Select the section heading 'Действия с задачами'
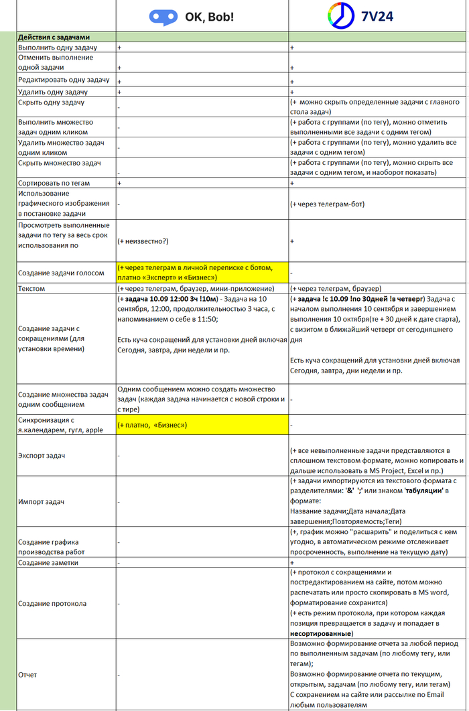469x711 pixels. click(x=55, y=37)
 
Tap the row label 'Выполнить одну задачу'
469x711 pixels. click(x=58, y=48)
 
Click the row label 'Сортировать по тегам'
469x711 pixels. click(x=54, y=183)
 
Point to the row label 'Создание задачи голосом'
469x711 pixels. click(x=62, y=273)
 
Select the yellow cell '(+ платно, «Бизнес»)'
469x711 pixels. click(x=152, y=425)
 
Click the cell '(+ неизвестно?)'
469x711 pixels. click(x=143, y=240)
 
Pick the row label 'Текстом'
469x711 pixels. click(x=32, y=288)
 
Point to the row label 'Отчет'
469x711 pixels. click(x=28, y=674)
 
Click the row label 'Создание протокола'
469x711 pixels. click(x=52, y=603)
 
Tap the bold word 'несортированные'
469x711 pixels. click(x=320, y=633)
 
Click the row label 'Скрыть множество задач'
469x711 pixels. click(x=60, y=163)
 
